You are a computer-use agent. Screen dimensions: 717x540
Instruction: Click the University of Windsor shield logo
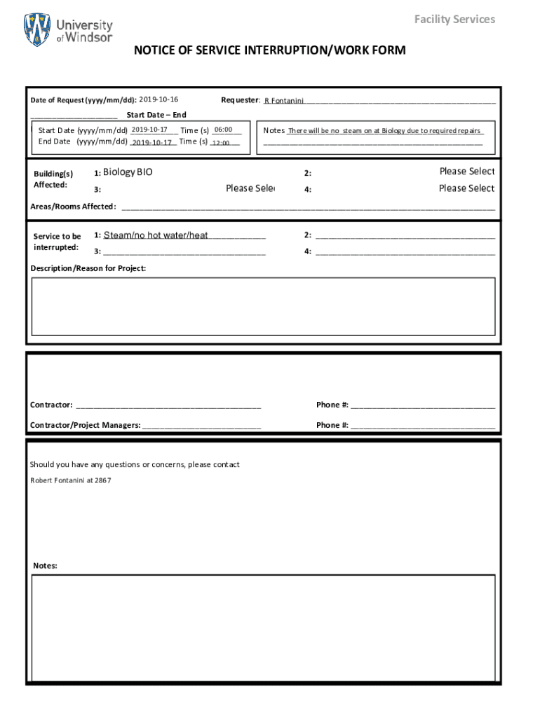[37, 29]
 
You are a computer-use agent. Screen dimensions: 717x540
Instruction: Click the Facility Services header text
[454, 19]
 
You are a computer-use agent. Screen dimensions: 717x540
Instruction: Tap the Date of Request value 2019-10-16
[158, 99]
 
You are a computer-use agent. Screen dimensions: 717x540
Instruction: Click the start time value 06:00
[223, 130]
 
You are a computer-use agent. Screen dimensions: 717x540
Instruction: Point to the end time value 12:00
[221, 143]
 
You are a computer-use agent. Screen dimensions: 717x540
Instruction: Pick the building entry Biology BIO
[128, 172]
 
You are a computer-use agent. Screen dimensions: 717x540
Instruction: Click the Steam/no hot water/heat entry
[156, 235]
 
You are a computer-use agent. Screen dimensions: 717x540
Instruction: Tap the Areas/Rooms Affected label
[73, 207]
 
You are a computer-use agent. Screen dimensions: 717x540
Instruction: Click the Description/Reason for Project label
[88, 268]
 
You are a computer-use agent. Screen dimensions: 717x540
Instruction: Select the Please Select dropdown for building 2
[466, 172]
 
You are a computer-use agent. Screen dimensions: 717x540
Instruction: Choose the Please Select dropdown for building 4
[466, 188]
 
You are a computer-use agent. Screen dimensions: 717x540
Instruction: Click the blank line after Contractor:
[168, 405]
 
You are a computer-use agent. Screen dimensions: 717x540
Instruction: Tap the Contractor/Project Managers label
[85, 425]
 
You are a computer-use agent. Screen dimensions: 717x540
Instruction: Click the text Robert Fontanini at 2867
[70, 480]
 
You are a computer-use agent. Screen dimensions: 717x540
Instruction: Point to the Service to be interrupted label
[57, 242]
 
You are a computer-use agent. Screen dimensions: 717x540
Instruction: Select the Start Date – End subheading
[156, 115]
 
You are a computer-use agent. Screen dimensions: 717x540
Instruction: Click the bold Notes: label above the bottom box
[45, 565]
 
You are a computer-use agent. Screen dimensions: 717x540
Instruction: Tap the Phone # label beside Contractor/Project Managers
[332, 425]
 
